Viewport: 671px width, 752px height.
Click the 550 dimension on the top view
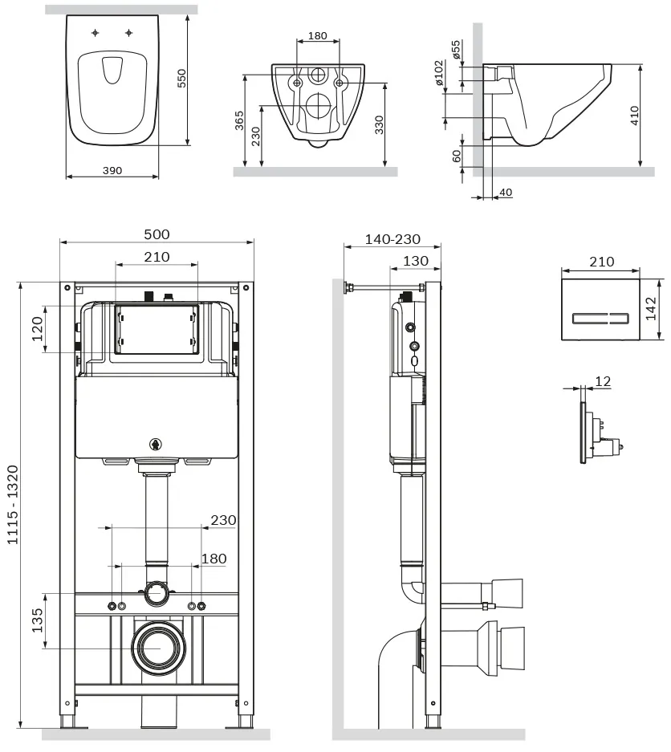click(181, 78)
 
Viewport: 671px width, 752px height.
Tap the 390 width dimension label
click(112, 170)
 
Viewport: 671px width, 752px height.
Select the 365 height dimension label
click(239, 120)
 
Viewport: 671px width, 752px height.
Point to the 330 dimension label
click(380, 124)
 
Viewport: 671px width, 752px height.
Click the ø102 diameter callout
click(438, 73)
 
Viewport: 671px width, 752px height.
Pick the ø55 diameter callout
click(455, 50)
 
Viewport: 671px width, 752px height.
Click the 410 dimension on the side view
click(634, 116)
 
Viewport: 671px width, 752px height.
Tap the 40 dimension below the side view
click(506, 193)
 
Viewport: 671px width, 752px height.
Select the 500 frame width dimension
click(157, 234)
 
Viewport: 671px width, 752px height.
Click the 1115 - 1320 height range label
click(13, 505)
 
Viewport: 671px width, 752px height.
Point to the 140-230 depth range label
click(392, 239)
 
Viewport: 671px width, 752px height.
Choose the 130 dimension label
click(415, 261)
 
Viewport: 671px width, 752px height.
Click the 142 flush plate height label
click(651, 308)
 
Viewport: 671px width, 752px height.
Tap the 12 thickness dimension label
click(603, 381)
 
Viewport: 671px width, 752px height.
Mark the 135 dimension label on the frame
click(37, 620)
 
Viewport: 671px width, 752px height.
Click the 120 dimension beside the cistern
click(37, 328)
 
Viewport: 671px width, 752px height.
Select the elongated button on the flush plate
click(600, 319)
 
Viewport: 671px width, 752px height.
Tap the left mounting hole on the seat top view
click(96, 33)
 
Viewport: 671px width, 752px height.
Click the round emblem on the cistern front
click(156, 445)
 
